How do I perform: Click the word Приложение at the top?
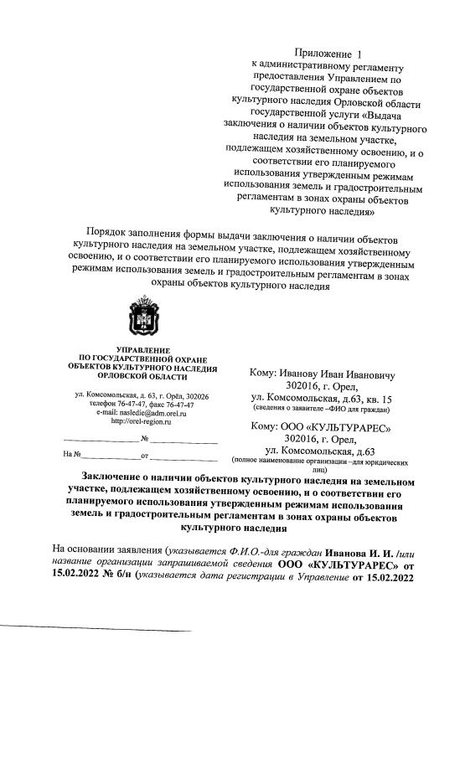tap(330, 54)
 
